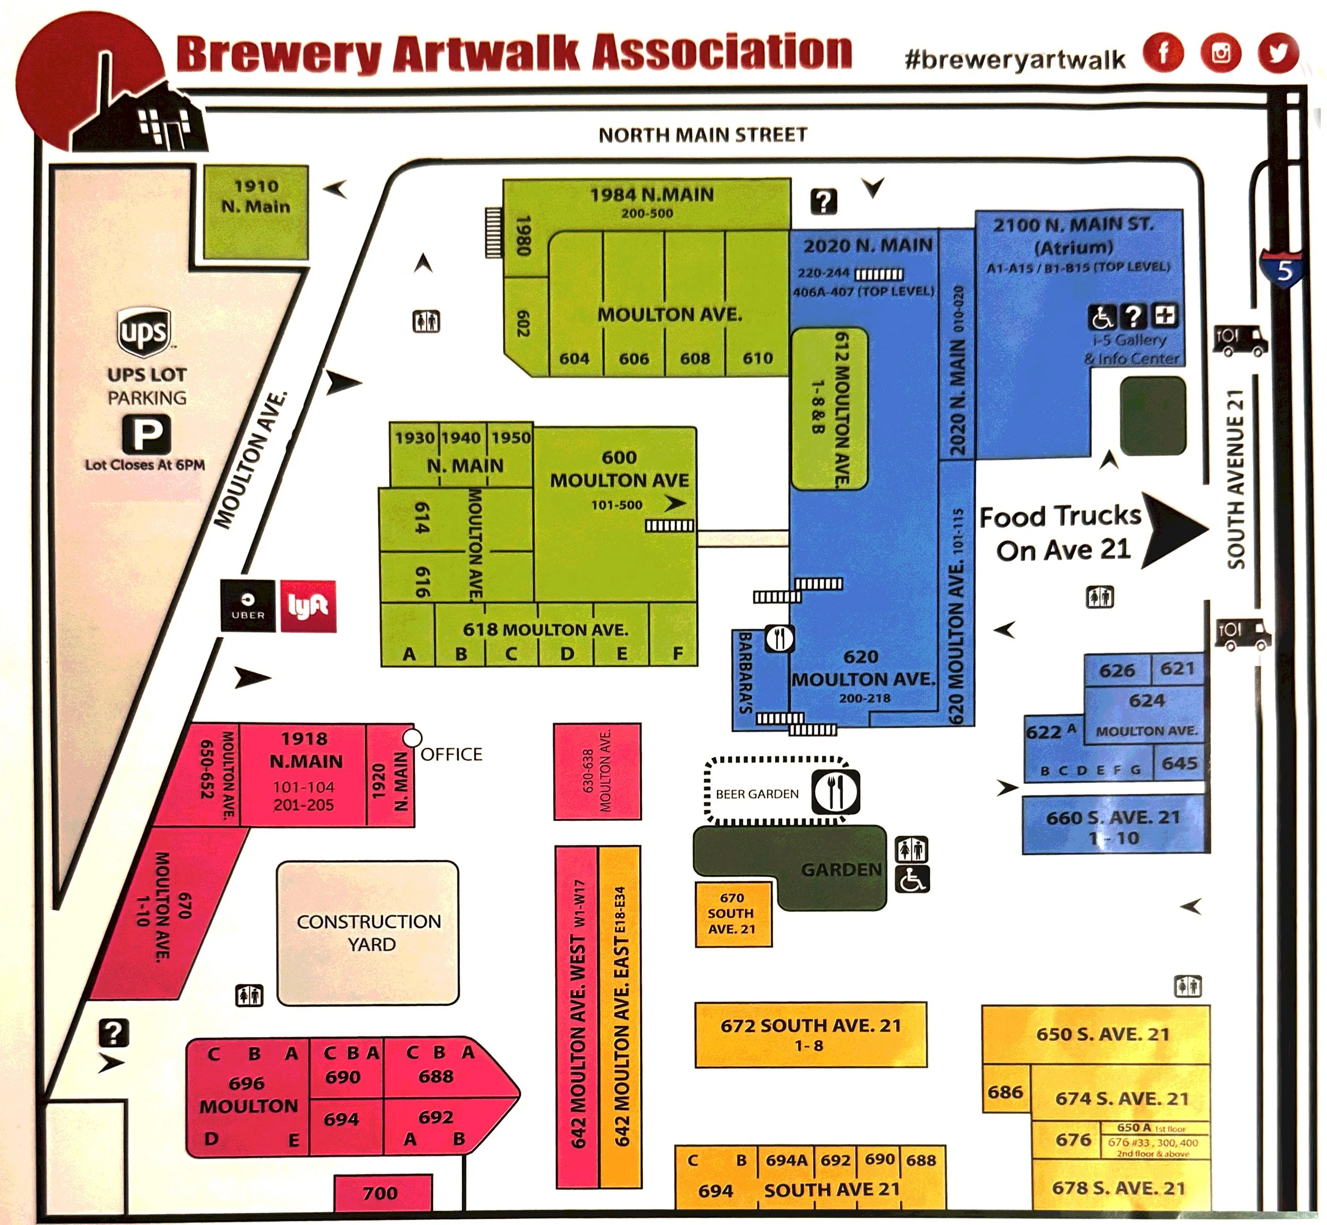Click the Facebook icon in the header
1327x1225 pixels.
[1162, 53]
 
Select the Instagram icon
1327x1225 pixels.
[1220, 53]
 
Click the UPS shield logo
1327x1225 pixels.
[144, 331]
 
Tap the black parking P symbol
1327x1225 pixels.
[147, 435]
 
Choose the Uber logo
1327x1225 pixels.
[248, 605]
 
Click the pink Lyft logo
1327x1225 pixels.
[307, 606]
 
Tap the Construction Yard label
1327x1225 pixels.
[368, 932]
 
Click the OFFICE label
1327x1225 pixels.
[451, 755]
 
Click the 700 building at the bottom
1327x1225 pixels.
[382, 1193]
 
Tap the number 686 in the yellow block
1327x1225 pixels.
[1005, 1092]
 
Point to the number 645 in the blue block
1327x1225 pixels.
[1179, 763]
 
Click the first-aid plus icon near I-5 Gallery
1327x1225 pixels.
[1165, 315]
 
